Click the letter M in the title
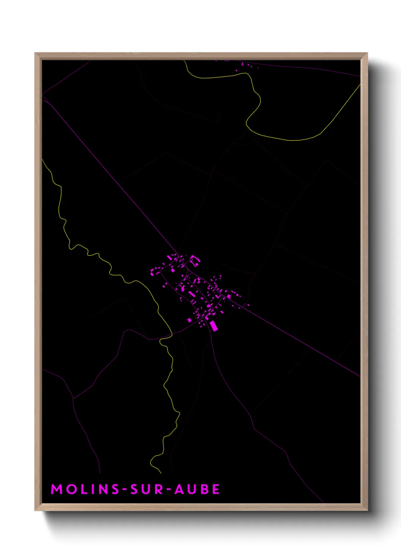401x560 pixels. tap(57, 489)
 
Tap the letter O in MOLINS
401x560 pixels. tap(72, 489)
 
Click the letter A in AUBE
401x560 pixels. tap(180, 489)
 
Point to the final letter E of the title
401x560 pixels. tap(216, 489)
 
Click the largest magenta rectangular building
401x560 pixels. tap(214, 326)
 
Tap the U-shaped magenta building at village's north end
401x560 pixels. tap(195, 260)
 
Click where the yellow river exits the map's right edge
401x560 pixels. tap(359, 86)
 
